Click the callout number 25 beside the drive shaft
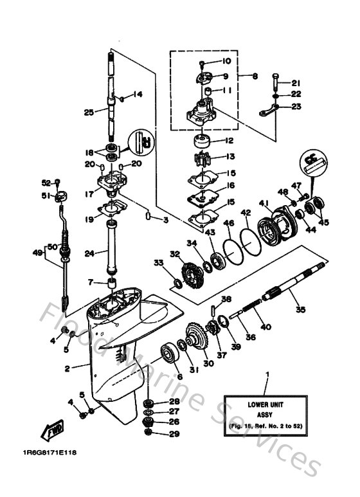click(89, 112)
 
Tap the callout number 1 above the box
click(267, 374)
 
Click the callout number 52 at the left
click(46, 183)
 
